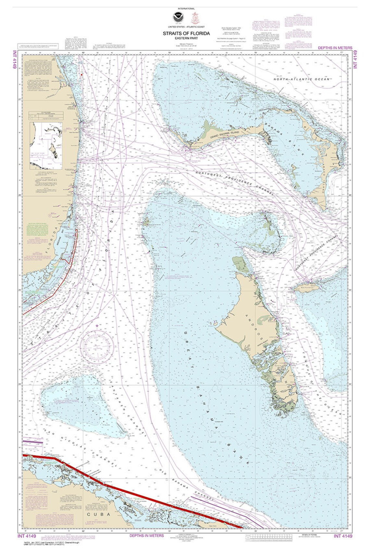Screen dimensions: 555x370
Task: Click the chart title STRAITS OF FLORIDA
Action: tap(186, 33)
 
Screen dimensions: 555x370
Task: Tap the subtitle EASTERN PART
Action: tap(186, 38)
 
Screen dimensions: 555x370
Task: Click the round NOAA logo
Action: tap(178, 17)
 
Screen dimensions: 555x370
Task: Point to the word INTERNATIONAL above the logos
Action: tap(186, 9)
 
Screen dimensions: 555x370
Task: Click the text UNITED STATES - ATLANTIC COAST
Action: tap(186, 27)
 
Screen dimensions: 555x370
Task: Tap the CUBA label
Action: tap(99, 514)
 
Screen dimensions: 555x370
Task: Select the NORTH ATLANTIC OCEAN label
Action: tap(302, 79)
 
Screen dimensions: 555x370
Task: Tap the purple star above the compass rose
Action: tap(97, 326)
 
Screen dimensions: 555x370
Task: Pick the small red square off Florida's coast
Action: tap(82, 75)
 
